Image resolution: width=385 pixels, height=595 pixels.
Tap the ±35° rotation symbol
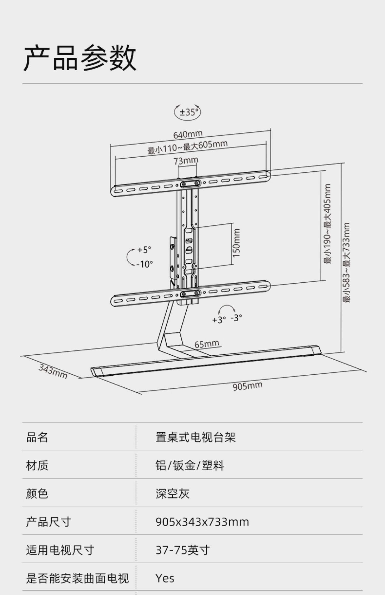188,112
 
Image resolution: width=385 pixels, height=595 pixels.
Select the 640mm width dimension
188,134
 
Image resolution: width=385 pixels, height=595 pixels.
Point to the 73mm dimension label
186,161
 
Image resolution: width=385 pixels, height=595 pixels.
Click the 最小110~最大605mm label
187,147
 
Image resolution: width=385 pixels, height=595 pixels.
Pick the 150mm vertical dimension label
236,243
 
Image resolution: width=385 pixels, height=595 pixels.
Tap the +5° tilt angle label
144,250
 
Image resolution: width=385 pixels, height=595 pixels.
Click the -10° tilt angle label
145,264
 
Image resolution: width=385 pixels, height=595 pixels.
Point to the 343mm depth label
53,371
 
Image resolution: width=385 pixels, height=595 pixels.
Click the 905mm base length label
247,386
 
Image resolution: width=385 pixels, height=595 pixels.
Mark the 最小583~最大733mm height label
346,263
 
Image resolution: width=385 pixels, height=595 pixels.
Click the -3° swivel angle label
236,318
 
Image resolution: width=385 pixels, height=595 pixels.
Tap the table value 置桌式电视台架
195,437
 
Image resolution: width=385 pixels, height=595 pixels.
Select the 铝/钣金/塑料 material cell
190,465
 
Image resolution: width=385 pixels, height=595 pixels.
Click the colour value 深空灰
172,494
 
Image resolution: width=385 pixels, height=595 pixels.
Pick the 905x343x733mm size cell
202,522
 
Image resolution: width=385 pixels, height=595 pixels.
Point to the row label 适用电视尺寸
60,550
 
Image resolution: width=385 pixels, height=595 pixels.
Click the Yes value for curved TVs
165,578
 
